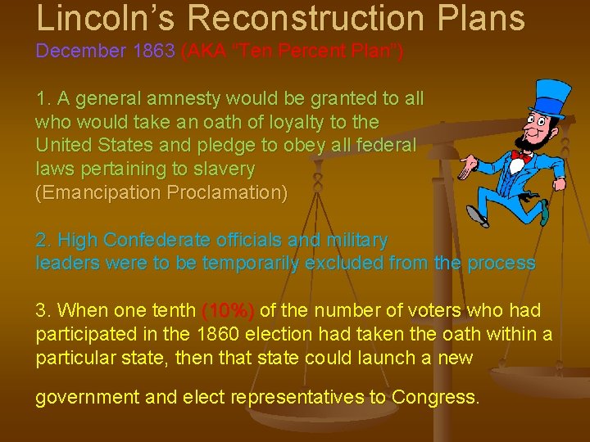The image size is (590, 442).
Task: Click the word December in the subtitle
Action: coord(79,51)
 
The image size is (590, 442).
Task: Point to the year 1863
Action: coord(152,51)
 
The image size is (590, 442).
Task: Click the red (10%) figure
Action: coord(228,311)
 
